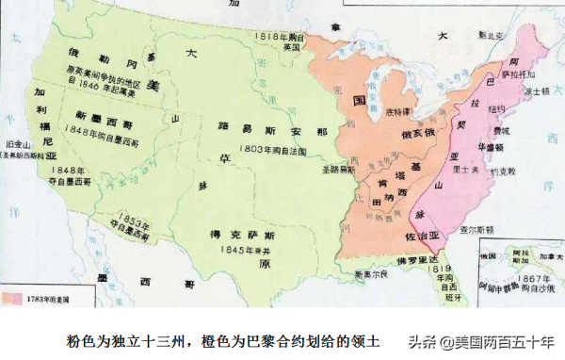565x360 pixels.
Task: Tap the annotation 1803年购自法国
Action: pyautogui.click(x=251, y=149)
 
